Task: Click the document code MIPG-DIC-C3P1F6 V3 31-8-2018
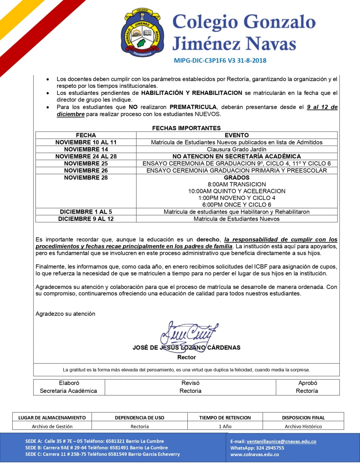(220, 60)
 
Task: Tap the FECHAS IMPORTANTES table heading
(186, 128)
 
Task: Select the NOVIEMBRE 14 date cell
(86, 149)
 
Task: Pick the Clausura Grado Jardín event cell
(237, 149)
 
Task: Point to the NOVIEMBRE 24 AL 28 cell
(86, 156)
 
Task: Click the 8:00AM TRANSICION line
(237, 184)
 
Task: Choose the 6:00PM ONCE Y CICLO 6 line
(237, 205)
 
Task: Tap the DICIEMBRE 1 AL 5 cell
(86, 212)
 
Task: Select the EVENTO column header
(237, 135)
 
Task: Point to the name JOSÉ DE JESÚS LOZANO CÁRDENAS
(186, 348)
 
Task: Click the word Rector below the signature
(186, 357)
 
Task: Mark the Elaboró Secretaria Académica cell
(69, 387)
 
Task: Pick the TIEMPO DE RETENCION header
(225, 418)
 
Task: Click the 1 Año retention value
(225, 426)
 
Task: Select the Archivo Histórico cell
(303, 426)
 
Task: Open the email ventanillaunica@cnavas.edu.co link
(281, 441)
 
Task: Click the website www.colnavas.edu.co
(255, 454)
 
